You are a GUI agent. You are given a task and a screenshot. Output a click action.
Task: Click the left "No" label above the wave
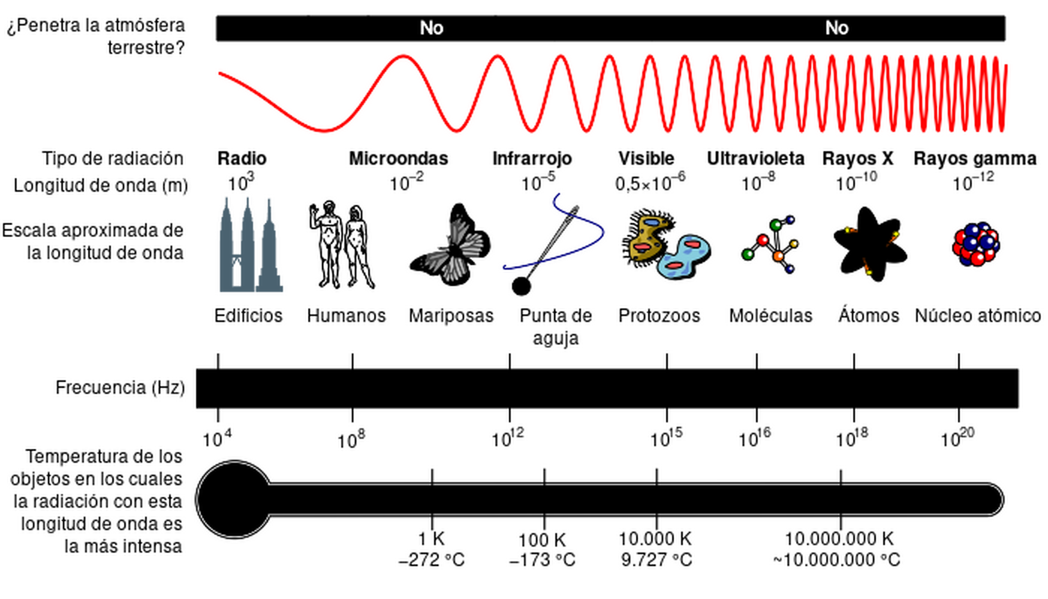pyautogui.click(x=431, y=28)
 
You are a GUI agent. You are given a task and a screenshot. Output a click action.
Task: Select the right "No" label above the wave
pyautogui.click(x=837, y=28)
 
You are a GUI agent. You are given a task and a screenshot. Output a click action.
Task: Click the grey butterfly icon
pyautogui.click(x=452, y=249)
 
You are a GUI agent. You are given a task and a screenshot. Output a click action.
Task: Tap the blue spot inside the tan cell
pyautogui.click(x=651, y=223)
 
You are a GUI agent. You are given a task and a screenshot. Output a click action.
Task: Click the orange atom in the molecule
pyautogui.click(x=778, y=256)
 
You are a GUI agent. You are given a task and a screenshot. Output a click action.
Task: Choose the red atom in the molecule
pyautogui.click(x=763, y=240)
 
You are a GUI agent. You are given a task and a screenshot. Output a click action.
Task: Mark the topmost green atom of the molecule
pyautogui.click(x=776, y=225)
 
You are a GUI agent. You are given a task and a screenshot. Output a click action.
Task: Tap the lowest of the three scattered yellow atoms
pyautogui.click(x=867, y=271)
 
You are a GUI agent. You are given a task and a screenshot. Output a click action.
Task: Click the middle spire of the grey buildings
pyautogui.click(x=248, y=199)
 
